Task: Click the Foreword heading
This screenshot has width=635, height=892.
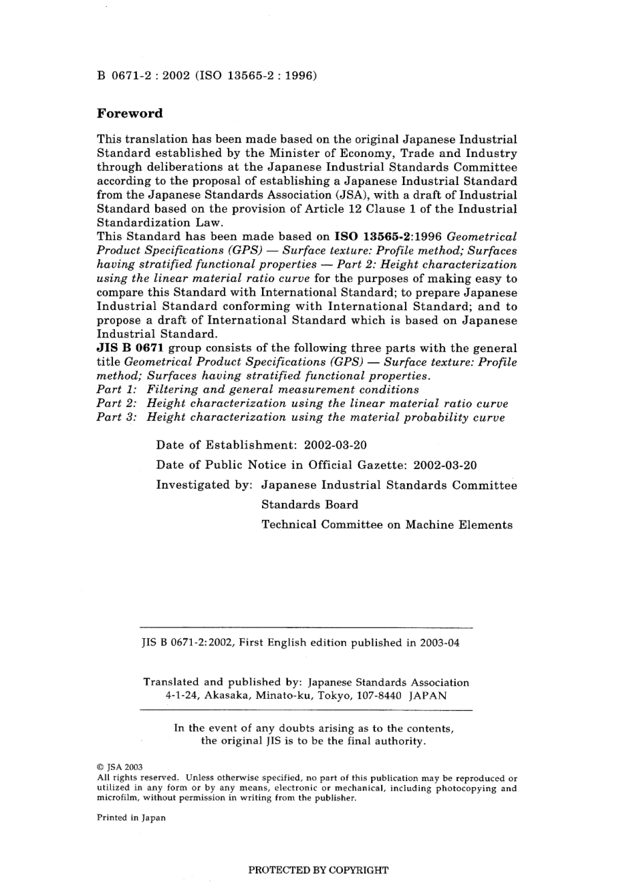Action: [130, 114]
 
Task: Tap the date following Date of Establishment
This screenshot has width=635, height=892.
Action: [335, 445]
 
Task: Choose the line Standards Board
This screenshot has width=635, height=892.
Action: [309, 504]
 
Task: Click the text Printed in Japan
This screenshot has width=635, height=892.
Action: [131, 817]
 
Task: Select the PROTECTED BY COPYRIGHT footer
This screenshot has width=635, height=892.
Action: [318, 870]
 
